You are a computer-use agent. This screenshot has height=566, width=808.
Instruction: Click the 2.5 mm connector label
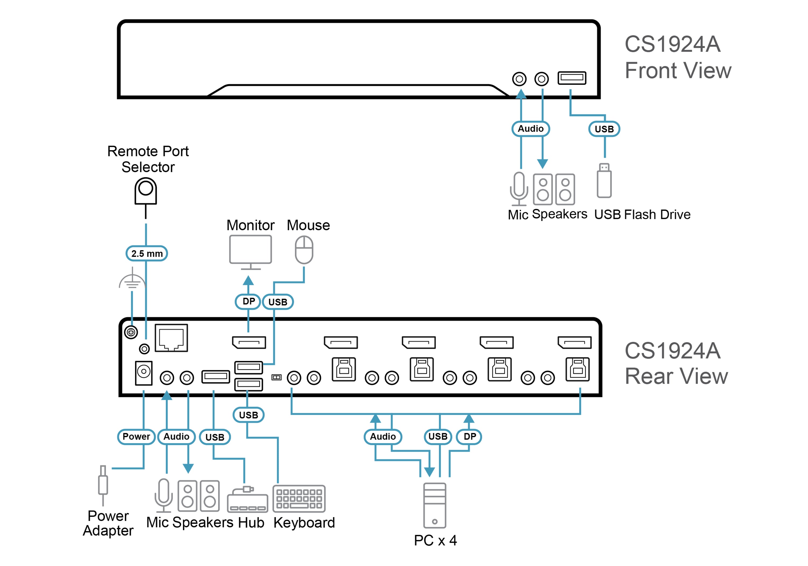pos(147,254)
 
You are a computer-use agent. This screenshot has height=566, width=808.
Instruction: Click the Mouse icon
pos(304,250)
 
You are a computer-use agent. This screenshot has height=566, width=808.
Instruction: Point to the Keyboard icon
pos(299,498)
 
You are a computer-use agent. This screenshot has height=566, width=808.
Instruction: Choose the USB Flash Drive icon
pos(604,180)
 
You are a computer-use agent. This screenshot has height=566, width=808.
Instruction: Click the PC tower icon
pos(435,505)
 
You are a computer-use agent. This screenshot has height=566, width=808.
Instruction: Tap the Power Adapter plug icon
pos(103,485)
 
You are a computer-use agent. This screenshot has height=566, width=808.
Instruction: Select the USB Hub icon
pos(248,499)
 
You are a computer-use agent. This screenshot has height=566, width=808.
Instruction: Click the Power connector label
pos(136,437)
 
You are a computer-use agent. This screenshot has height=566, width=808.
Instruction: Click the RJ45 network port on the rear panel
pos(171,338)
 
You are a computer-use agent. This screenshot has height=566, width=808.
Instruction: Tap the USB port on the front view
pos(572,78)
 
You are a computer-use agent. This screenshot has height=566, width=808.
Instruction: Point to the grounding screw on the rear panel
pos(131,332)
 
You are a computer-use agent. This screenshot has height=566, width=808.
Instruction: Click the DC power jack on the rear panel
pos(144,373)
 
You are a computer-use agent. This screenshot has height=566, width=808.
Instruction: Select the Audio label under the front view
pos(531,129)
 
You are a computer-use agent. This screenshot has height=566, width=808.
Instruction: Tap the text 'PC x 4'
pos(435,540)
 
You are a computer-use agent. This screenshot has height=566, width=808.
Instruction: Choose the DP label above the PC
pos(469,437)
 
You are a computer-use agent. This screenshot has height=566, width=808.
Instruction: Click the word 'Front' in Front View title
pos(652,70)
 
